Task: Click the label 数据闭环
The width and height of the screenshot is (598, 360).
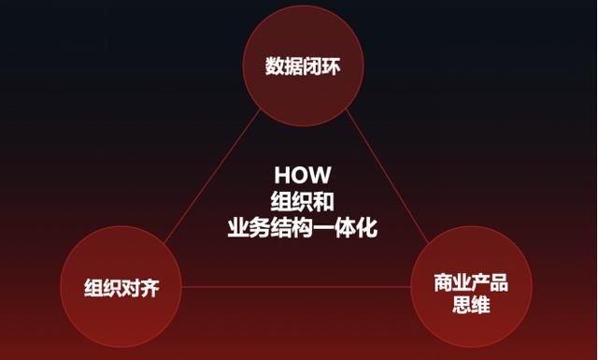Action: [x=301, y=66]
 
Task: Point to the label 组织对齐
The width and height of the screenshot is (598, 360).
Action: [x=121, y=286]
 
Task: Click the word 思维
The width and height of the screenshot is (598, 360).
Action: [x=470, y=306]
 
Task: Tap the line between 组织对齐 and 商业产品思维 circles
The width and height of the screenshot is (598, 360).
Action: [x=294, y=286]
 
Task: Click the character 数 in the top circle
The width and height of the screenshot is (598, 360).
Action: [x=274, y=66]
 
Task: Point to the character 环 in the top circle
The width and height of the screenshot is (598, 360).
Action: [x=328, y=66]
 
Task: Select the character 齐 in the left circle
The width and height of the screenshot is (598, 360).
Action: [x=149, y=286]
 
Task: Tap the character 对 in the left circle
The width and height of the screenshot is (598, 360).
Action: [x=130, y=286]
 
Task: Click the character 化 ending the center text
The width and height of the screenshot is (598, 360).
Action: [x=367, y=227]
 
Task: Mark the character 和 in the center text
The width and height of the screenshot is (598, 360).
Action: [x=323, y=200]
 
